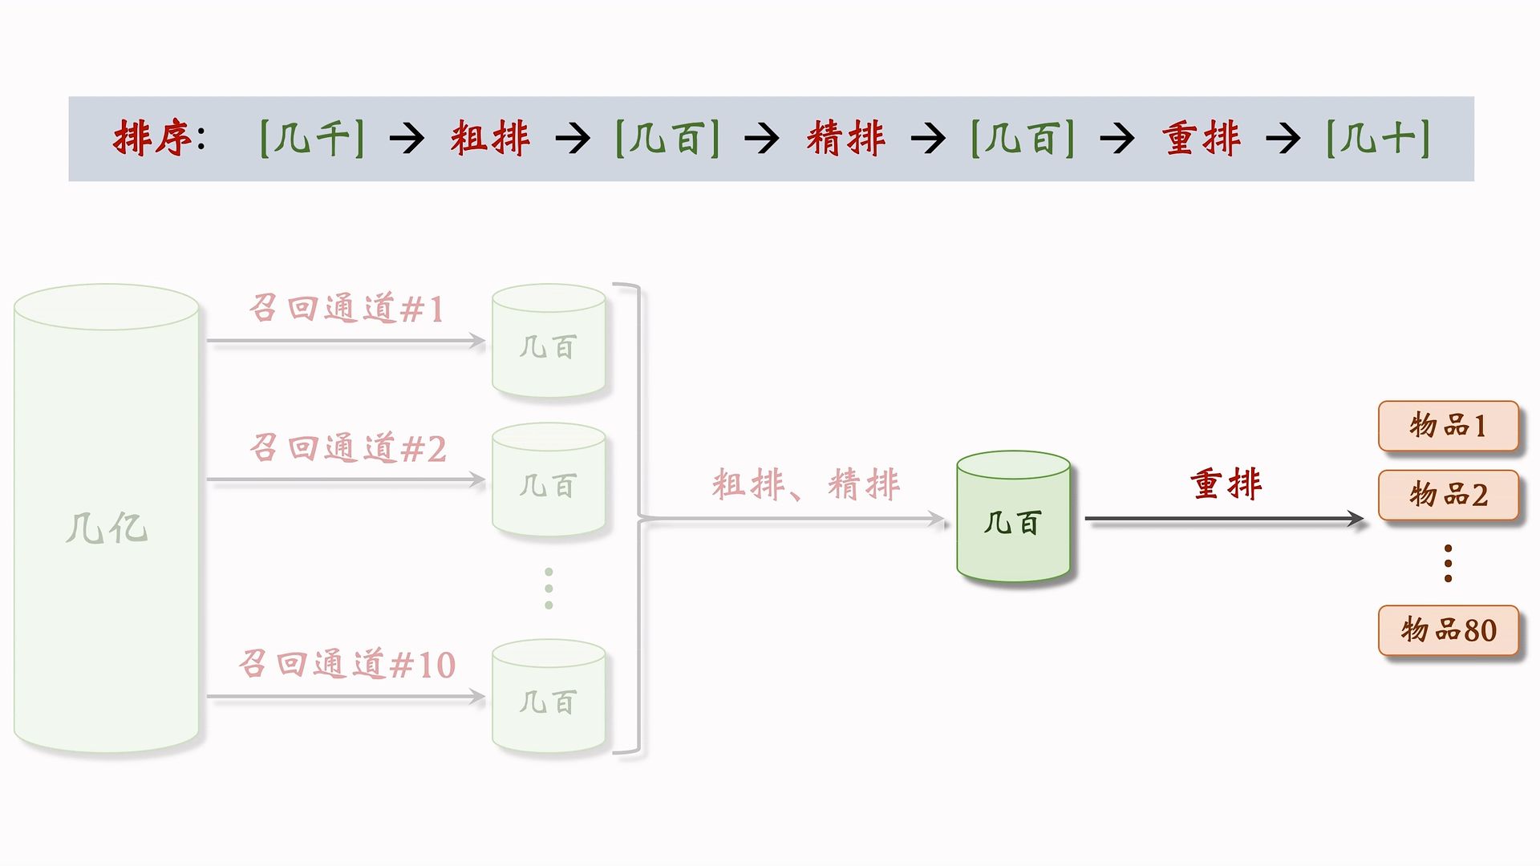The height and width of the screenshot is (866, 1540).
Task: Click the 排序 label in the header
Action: (x=152, y=138)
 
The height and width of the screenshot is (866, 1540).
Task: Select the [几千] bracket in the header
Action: (x=312, y=138)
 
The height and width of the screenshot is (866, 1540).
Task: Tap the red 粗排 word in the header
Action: (x=490, y=138)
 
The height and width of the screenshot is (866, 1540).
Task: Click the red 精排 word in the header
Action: (x=846, y=138)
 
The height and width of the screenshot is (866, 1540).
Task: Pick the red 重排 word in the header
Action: (x=1202, y=138)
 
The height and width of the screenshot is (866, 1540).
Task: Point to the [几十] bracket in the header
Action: (x=1378, y=138)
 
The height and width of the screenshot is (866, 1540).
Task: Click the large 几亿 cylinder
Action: (x=107, y=520)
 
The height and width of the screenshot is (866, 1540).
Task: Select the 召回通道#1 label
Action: (x=346, y=309)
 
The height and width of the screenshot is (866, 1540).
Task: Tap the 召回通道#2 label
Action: (x=347, y=448)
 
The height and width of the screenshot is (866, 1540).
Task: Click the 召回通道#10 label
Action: (x=347, y=665)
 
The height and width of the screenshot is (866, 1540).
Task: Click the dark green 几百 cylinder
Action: (x=1013, y=517)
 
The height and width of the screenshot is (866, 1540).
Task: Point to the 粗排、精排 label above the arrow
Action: (x=805, y=484)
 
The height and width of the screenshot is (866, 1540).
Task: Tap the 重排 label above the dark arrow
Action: (x=1226, y=484)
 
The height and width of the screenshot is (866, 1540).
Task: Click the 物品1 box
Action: (x=1448, y=426)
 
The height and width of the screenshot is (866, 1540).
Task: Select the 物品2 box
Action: (x=1448, y=495)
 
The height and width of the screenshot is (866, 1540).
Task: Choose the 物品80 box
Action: (x=1448, y=630)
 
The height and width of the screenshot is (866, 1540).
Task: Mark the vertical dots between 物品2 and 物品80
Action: (x=1448, y=563)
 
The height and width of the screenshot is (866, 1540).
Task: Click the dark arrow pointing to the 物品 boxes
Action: (x=1224, y=520)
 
